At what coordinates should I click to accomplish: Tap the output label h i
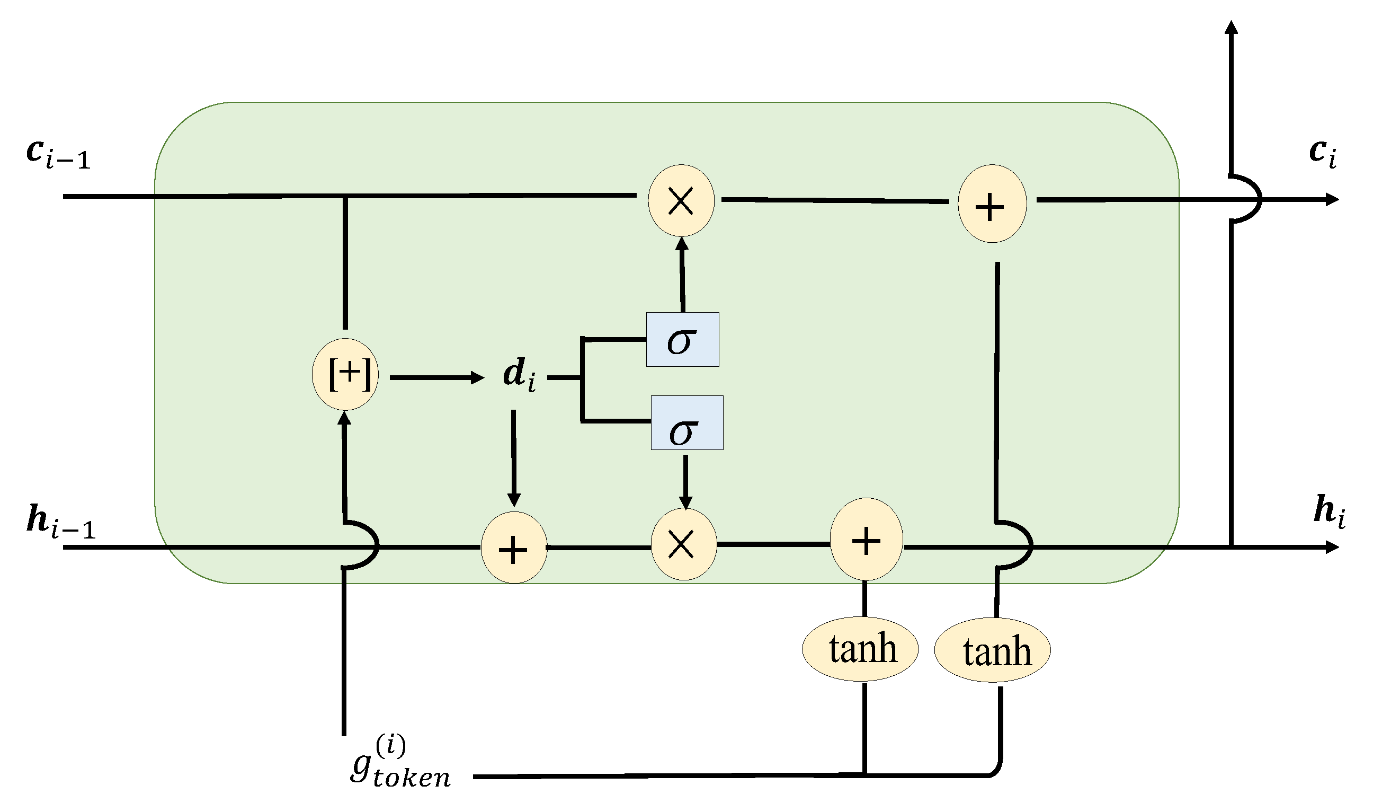(1330, 511)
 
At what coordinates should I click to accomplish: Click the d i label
(518, 375)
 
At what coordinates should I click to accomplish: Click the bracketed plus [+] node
(345, 375)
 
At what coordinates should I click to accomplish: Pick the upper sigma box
(683, 340)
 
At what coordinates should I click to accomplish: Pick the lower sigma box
(687, 423)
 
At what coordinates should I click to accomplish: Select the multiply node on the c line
(681, 200)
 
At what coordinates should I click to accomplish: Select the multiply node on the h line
(684, 543)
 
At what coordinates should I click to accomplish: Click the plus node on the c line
(992, 204)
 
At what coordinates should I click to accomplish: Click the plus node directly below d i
(514, 548)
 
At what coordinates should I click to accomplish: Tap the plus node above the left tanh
(866, 540)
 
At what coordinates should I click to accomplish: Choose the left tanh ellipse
(860, 649)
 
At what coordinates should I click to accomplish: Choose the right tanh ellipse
(993, 650)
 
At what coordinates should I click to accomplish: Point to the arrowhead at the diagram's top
(1232, 27)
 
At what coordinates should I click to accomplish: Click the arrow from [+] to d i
(436, 377)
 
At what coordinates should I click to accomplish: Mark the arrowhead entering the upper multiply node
(682, 244)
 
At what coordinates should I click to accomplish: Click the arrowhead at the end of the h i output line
(1332, 547)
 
